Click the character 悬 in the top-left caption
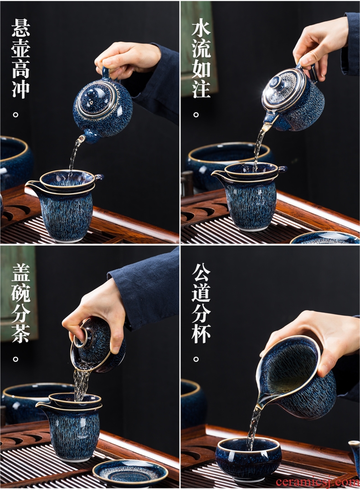tap(21, 27)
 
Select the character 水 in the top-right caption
tap(201, 27)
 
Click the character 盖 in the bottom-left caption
tap(21, 272)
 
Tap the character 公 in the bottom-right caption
tap(201, 272)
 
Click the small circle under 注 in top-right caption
tap(196, 115)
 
